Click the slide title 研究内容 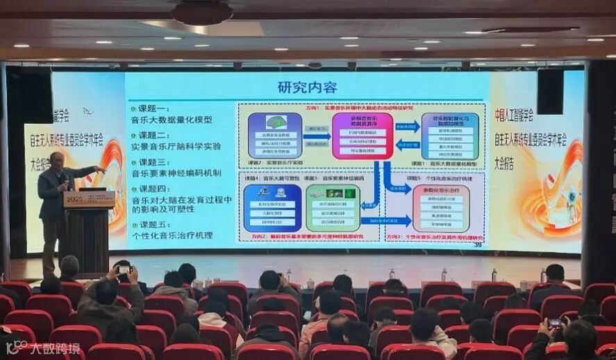[x=307, y=88]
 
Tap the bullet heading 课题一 [x=149, y=109]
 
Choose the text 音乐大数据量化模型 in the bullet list [x=172, y=120]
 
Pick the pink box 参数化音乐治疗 [x=448, y=208]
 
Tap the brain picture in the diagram [x=275, y=121]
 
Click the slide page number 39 [x=477, y=243]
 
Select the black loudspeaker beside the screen [x=550, y=91]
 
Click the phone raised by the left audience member [x=124, y=269]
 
